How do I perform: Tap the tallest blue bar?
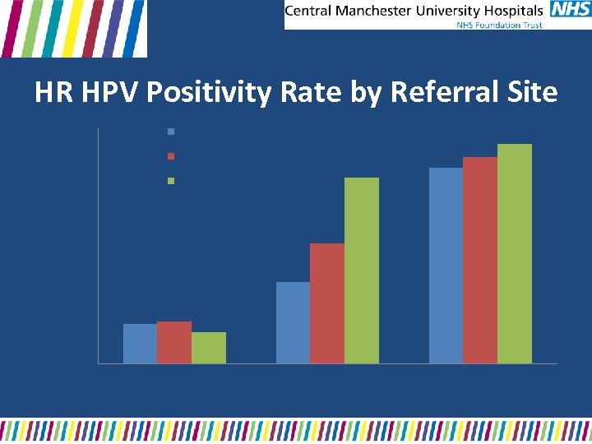[446, 265]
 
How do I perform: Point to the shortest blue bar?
[140, 343]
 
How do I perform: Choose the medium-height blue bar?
[293, 322]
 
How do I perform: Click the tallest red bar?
[480, 260]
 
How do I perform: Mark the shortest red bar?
[174, 342]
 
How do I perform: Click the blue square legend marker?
[171, 132]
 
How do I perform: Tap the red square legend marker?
[171, 156]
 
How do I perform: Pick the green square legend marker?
[171, 181]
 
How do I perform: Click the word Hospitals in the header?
[512, 11]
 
